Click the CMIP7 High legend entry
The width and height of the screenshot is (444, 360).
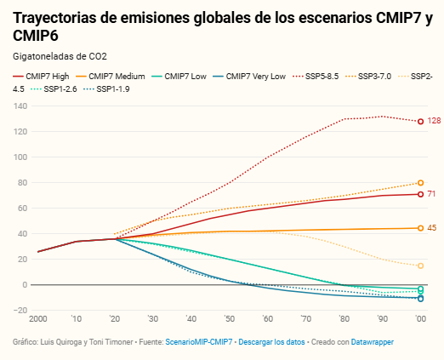41,77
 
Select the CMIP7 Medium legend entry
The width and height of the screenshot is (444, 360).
111,77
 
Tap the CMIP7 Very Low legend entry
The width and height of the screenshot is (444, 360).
249,77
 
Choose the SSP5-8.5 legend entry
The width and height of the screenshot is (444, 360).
316,77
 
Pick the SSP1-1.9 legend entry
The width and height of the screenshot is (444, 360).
106,89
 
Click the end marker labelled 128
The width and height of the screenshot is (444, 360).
420,122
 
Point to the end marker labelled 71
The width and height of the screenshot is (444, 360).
420,194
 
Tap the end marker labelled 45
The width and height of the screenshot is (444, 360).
420,228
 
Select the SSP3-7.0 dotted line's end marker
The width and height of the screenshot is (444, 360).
420,183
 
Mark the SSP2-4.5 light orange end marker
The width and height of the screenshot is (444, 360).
420,266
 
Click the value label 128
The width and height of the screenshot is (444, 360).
434,121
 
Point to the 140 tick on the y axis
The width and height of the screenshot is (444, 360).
20,106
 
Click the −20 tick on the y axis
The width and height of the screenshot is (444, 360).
20,310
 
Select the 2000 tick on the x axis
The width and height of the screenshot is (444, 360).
38,319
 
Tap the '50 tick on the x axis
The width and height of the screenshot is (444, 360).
229,319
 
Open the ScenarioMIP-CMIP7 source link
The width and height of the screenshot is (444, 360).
199,342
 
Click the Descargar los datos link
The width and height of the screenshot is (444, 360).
271,342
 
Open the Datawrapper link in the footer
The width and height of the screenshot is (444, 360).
373,342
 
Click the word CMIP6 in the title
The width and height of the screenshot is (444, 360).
36,36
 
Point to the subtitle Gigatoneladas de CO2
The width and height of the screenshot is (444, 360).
60,56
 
